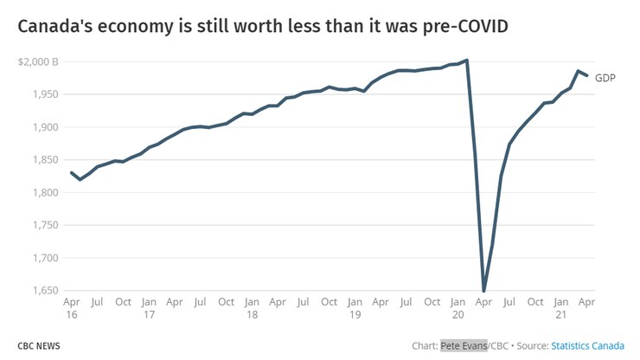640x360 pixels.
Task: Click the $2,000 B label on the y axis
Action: click(x=38, y=62)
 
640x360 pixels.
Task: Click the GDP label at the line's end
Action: click(x=605, y=78)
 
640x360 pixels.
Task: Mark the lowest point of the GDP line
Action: click(x=483, y=291)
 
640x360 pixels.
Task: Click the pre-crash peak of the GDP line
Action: click(x=467, y=60)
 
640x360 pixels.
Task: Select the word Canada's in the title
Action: click(x=55, y=28)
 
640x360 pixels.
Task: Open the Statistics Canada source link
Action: click(x=589, y=345)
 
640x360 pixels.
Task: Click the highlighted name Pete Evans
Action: click(x=464, y=345)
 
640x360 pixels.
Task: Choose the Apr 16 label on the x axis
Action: click(x=72, y=308)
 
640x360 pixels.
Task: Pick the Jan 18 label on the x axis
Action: click(x=252, y=308)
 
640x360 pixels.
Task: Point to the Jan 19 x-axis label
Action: click(x=355, y=308)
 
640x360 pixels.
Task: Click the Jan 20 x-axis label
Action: click(x=458, y=308)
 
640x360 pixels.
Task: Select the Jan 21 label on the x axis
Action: click(x=561, y=308)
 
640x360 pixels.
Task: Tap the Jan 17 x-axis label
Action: click(x=149, y=308)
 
